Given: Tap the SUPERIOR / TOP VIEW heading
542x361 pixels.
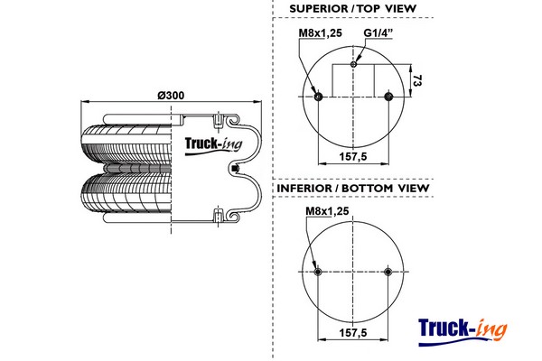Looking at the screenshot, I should coord(351,10).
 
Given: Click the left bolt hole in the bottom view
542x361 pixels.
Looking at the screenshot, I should coord(317,272).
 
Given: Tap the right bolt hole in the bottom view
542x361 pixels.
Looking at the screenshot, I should coord(388,272).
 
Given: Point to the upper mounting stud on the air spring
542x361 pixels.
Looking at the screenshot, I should coord(218,119).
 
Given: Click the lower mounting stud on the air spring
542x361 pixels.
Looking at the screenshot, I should coord(218,215).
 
